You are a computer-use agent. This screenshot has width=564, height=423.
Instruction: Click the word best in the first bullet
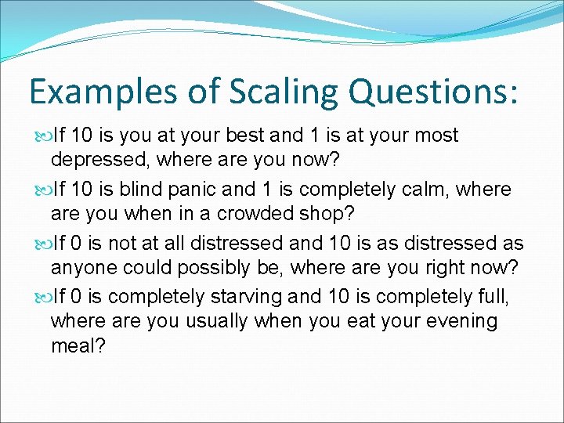244,136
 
